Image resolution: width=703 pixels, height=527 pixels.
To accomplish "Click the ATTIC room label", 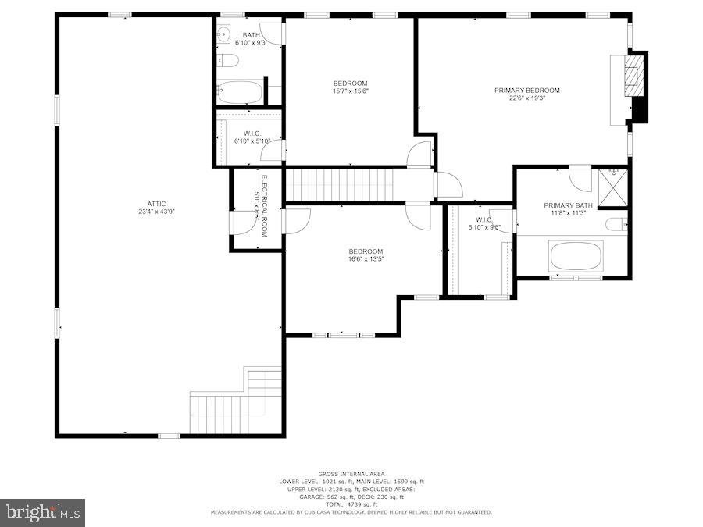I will click(155, 204).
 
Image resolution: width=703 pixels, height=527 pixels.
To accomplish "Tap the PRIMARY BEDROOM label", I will click(526, 91).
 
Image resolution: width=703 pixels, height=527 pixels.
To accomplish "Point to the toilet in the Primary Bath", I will click(617, 225).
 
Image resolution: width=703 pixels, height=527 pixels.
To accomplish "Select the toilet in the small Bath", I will click(226, 61).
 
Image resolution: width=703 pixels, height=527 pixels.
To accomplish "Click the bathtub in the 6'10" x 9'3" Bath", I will click(240, 93).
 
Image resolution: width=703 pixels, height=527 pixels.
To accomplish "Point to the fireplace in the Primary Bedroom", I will click(637, 86).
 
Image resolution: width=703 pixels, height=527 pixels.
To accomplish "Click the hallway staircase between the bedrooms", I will click(344, 185).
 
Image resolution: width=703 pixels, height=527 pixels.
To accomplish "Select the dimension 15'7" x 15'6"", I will click(350, 91).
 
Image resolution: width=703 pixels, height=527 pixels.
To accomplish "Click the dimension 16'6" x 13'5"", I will click(366, 258).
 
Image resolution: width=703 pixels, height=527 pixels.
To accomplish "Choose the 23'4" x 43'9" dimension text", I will click(155, 212).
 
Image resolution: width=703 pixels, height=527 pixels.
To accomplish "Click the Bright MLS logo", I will click(43, 513).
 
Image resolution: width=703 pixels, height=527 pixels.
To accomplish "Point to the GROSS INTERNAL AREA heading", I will click(351, 474).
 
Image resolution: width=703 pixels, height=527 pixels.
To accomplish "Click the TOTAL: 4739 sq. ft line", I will click(351, 504).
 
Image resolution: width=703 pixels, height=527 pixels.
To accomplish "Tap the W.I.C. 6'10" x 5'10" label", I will click(251, 137).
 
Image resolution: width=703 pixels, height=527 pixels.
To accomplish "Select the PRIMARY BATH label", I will click(568, 206).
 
